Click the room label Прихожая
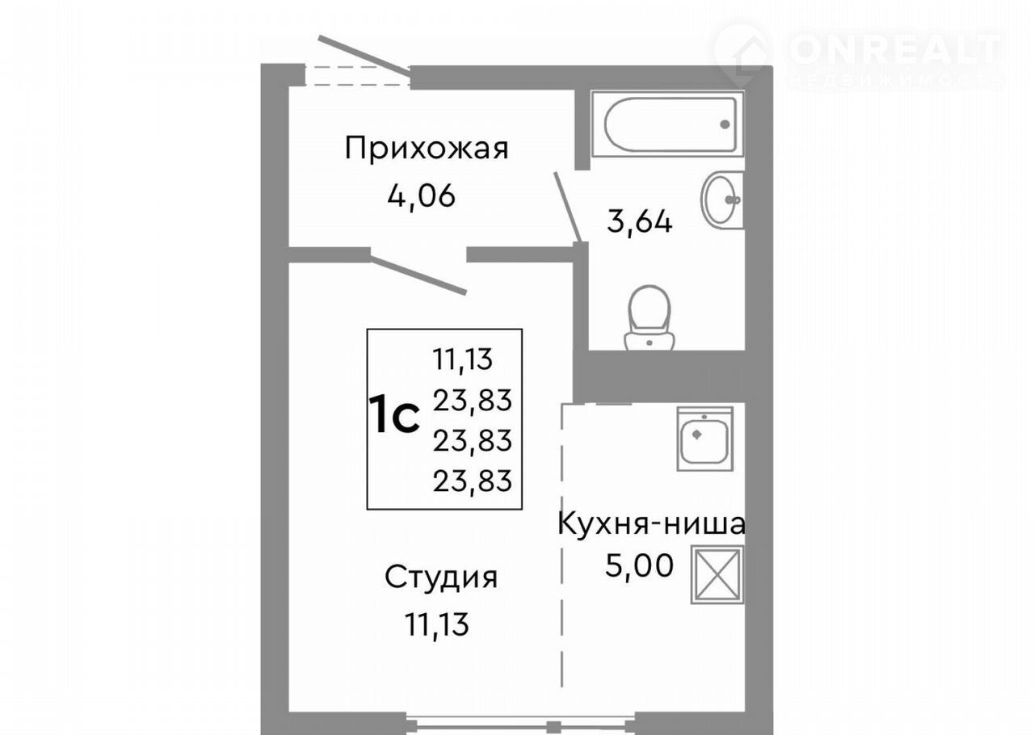(427, 149)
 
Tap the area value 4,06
(421, 195)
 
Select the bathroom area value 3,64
(639, 222)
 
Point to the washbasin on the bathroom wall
(722, 199)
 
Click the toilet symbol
(649, 318)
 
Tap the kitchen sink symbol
(705, 439)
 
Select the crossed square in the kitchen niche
(717, 575)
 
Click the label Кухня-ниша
(651, 524)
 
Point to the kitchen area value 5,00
(639, 565)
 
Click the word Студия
(441, 577)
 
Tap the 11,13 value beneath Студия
(437, 624)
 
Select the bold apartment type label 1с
(394, 414)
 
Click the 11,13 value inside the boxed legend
(463, 359)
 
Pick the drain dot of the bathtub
(725, 124)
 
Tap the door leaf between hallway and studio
(418, 275)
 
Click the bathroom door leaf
(567, 207)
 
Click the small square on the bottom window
(554, 727)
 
